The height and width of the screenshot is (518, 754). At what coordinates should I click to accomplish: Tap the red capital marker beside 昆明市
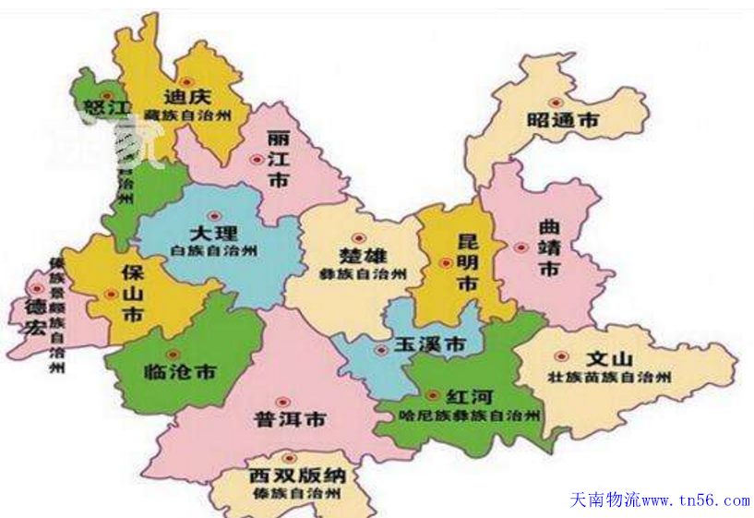click(446, 263)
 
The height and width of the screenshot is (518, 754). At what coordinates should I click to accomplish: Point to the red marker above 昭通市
click(555, 102)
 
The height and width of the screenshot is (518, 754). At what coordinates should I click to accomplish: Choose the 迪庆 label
click(188, 96)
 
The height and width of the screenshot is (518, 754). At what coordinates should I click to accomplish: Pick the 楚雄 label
click(363, 256)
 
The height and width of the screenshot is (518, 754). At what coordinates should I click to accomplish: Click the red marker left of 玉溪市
click(380, 349)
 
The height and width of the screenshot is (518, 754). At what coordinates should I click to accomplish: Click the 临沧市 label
click(181, 372)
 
